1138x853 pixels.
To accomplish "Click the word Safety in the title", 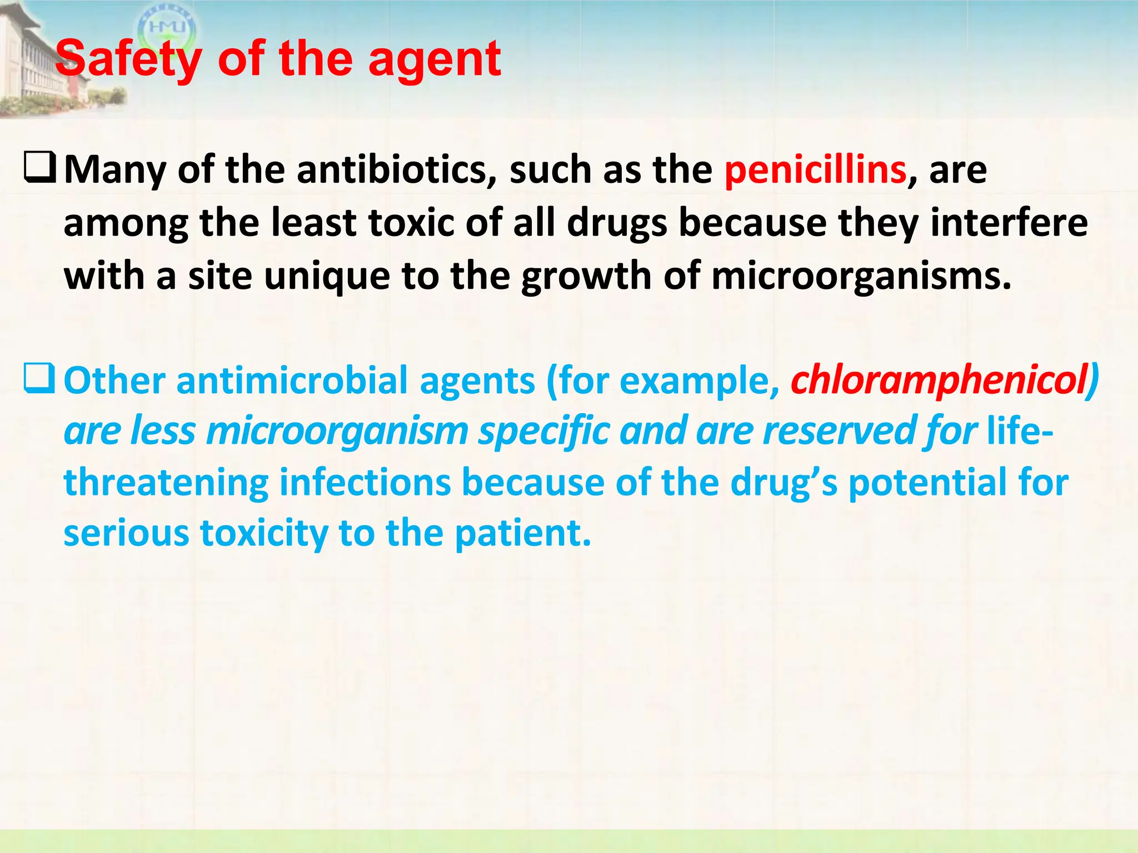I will click(x=128, y=60).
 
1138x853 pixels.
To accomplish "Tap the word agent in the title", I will click(x=435, y=60).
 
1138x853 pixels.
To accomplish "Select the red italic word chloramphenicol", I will click(x=939, y=381).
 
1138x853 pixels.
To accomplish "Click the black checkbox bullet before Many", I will click(x=39, y=169).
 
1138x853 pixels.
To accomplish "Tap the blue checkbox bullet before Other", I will click(x=39, y=380).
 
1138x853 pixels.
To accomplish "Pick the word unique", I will click(x=327, y=276).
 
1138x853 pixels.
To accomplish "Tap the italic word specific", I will click(x=543, y=431).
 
